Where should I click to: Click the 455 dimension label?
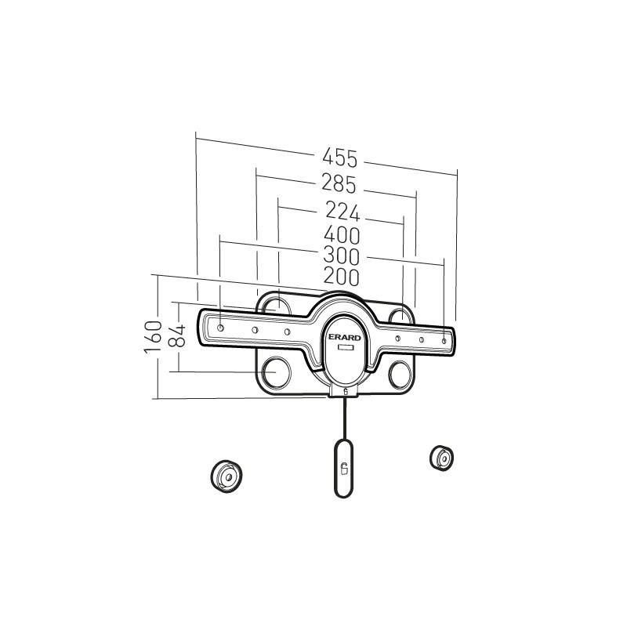click(340, 158)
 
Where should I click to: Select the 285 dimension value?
click(339, 184)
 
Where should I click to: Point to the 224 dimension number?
click(342, 211)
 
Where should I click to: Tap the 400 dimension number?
click(342, 235)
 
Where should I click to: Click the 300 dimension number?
click(342, 256)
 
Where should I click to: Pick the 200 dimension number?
click(342, 277)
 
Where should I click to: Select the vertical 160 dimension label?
click(154, 337)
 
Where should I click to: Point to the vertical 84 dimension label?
click(177, 336)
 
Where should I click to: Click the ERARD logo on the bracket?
click(345, 338)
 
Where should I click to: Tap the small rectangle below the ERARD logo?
click(345, 348)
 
